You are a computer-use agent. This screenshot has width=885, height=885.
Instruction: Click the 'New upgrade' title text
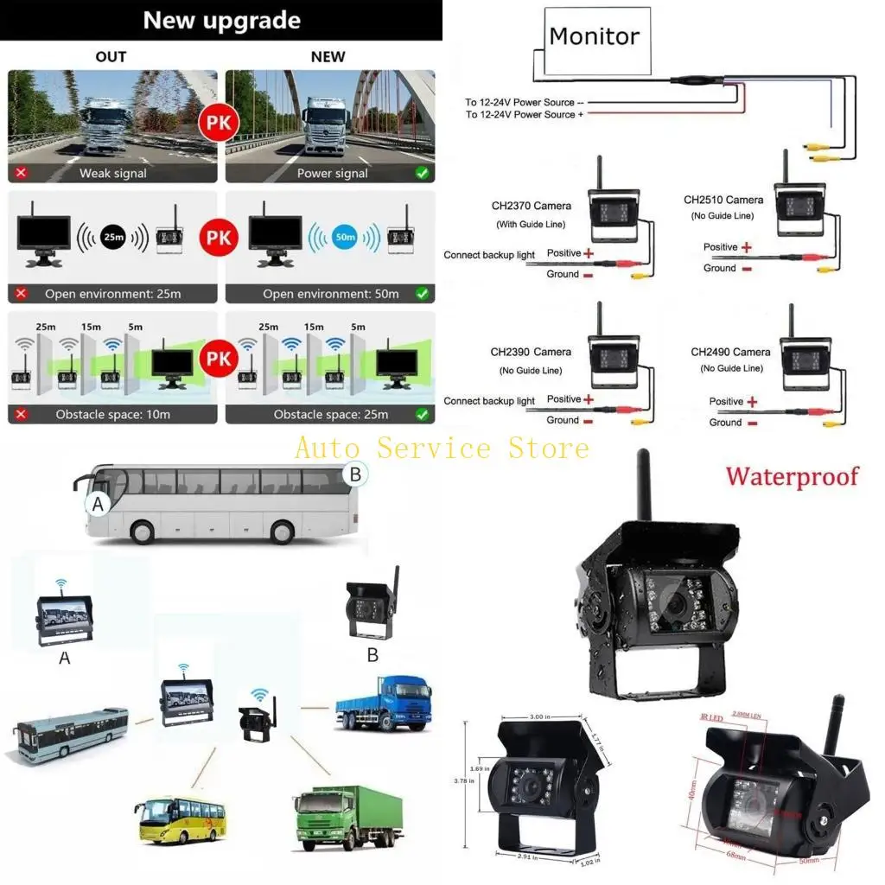pos(221,21)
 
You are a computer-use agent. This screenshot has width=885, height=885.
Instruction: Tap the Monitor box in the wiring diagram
pos(594,36)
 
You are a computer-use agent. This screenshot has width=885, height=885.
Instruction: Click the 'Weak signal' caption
pos(112,173)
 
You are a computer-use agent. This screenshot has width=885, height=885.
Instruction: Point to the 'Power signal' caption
pos(332,173)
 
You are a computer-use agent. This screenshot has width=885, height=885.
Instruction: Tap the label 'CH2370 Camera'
pos(531,206)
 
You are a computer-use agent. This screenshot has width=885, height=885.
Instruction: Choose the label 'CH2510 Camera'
pos(723,200)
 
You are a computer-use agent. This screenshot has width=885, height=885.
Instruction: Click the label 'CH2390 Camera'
pos(531,352)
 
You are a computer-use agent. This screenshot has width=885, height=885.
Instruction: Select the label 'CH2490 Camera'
pos(730,352)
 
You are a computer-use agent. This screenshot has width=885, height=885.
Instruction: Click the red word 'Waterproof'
pos(793,476)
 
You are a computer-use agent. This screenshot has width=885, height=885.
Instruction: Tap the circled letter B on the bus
pos(355,474)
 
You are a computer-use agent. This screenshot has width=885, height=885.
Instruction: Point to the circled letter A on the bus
pos(99,505)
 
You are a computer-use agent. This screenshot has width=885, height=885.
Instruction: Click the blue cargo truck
pos(383,703)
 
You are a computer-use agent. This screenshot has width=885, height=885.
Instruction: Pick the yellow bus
pos(181,820)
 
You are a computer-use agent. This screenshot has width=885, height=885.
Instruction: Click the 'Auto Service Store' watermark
pos(442,448)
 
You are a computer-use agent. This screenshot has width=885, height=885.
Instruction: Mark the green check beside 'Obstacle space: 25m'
pos(422,414)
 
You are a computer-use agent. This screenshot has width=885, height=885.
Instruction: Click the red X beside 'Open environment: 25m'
pos(21,293)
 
